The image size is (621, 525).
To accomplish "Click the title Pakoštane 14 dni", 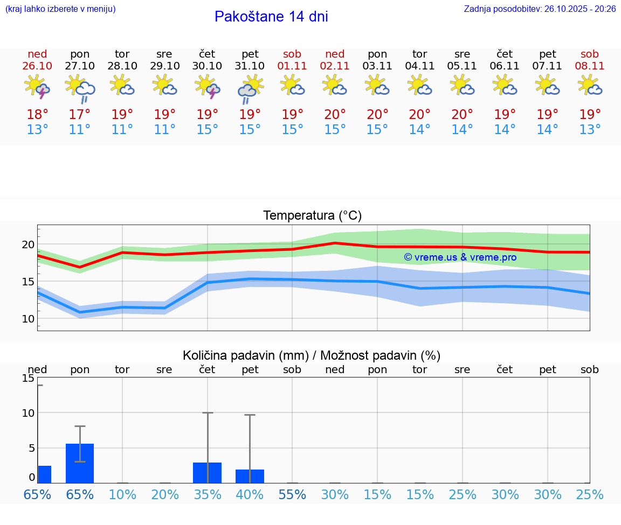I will pos(271,17).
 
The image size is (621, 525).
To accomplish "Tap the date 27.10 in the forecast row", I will pos(80,66).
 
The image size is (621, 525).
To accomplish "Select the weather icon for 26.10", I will pos(37,87).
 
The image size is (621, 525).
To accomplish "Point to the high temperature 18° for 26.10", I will pos(37,115).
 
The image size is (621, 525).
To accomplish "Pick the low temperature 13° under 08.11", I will pos(590,130).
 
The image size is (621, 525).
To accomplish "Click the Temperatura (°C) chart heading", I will pos(312,216).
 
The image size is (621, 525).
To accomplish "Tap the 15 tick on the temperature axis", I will pos(28,282).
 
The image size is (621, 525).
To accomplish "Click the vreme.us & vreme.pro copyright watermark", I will pos(460,257).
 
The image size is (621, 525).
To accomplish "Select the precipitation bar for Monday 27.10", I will pos(80,464).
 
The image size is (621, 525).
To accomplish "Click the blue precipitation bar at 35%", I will pos(208,473).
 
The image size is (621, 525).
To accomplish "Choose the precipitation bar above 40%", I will pos(250,477).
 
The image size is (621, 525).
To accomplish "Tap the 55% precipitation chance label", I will pos(292,495).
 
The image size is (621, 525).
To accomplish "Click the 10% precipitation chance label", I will pos(122,495).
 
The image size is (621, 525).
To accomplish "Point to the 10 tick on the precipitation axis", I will pos(28,413).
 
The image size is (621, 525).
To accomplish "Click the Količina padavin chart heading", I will pos(312,355).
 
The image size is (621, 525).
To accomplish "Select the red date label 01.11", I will pos(292,66).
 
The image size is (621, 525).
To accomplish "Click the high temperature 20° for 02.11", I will pos(335,115).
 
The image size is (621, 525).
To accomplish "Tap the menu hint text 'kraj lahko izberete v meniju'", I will pos(60,9).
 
